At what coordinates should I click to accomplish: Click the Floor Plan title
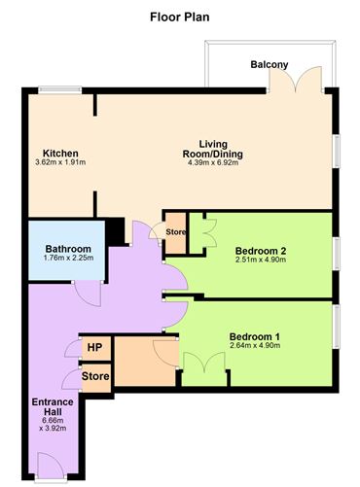179,17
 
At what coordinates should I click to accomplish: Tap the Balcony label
269,65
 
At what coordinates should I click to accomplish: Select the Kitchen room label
59,154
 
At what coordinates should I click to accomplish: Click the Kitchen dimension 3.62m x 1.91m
60,163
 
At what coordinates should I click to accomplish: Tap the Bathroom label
68,249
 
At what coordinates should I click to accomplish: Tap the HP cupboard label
95,347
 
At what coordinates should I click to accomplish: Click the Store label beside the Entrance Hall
95,374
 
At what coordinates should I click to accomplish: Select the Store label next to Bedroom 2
175,232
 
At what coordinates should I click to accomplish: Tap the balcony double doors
287,84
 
